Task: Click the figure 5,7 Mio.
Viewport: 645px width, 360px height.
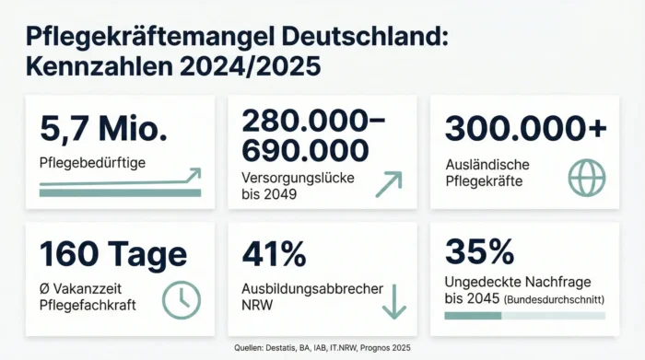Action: coord(103,130)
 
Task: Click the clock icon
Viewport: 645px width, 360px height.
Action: coord(181,297)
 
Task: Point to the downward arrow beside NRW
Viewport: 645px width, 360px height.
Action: coord(393,301)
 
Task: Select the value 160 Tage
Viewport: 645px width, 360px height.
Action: coord(112,253)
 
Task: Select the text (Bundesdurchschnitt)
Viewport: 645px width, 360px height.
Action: coord(554,298)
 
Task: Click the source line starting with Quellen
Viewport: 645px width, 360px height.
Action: coord(322,348)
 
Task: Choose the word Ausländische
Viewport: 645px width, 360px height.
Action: coord(487,164)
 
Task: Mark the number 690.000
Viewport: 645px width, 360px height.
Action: coord(304,149)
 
